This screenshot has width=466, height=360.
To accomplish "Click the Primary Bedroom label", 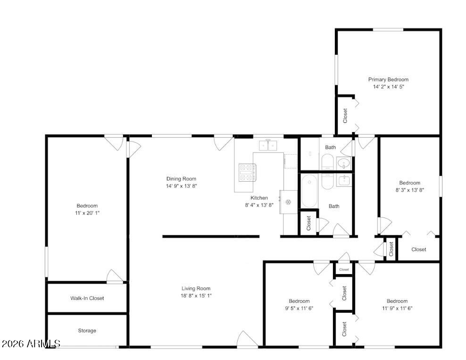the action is pyautogui.click(x=388, y=79).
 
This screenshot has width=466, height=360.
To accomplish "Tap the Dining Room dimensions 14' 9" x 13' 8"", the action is pyautogui.click(x=181, y=186).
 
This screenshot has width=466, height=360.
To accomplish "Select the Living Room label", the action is pyautogui.click(x=196, y=288).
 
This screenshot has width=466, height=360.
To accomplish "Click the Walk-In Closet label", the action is pyautogui.click(x=87, y=298).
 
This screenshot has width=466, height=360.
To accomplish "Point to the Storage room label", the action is pyautogui.click(x=87, y=331).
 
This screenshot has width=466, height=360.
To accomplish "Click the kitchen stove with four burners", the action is pyautogui.click(x=248, y=172).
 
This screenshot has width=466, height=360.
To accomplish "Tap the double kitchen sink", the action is pyautogui.click(x=268, y=145).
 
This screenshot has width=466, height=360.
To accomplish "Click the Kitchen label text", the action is pyautogui.click(x=259, y=198).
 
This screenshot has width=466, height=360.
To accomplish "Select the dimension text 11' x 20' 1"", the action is pyautogui.click(x=87, y=213).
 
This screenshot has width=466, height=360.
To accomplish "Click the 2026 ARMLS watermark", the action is pyautogui.click(x=31, y=344).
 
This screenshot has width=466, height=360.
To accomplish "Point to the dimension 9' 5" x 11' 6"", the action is pyautogui.click(x=299, y=308).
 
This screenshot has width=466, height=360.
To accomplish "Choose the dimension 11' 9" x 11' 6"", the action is pyautogui.click(x=397, y=308).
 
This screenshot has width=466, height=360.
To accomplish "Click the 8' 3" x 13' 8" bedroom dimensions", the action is pyautogui.click(x=409, y=190).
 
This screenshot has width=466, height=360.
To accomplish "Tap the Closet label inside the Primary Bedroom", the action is pyautogui.click(x=345, y=115).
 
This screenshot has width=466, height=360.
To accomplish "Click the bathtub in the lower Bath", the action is pyautogui.click(x=309, y=191).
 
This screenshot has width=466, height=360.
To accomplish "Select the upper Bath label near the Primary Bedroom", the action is pyautogui.click(x=330, y=148).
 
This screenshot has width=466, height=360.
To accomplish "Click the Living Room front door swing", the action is pyautogui.click(x=247, y=339).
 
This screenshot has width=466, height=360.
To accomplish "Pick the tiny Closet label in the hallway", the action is pyautogui.click(x=344, y=269).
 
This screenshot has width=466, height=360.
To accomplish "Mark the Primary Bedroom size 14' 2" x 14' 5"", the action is pyautogui.click(x=389, y=87).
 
